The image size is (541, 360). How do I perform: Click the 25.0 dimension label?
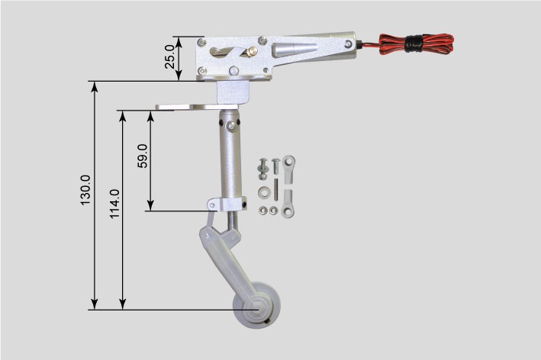pyautogui.click(x=170, y=57)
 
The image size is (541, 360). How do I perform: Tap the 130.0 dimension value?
pyautogui.click(x=85, y=190)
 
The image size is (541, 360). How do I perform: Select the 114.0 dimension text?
pyautogui.click(x=114, y=204)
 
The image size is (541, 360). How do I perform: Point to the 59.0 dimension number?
pyautogui.click(x=142, y=156)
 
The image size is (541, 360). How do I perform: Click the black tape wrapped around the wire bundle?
pyautogui.click(x=414, y=43)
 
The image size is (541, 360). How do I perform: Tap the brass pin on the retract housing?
pyautogui.click(x=252, y=51)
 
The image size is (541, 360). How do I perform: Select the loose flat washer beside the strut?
pyautogui.click(x=263, y=192)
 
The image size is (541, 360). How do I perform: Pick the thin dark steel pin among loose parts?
pyautogui.click(x=276, y=189)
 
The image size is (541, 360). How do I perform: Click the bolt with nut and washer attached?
pyautogui.click(x=263, y=169)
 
